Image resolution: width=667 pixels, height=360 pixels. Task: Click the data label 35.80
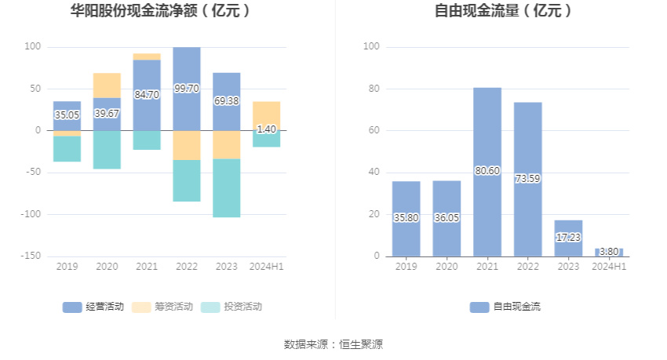(x=406, y=218)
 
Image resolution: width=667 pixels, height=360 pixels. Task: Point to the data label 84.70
(x=147, y=95)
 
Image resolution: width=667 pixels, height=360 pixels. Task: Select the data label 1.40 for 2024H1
(x=266, y=129)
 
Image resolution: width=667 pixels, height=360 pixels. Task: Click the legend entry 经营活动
(x=93, y=307)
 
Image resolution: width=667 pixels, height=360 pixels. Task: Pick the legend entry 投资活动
(x=231, y=307)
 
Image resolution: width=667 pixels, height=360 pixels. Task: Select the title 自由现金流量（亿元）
(x=504, y=11)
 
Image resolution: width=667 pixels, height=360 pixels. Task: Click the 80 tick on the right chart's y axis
(x=373, y=89)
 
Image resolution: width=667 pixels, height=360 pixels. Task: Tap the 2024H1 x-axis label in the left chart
(x=266, y=267)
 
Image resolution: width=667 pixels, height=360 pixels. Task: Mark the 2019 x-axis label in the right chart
(x=406, y=267)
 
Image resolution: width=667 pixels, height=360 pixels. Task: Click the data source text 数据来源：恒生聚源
(x=333, y=344)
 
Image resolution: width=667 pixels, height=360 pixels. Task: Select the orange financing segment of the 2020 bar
(x=107, y=85)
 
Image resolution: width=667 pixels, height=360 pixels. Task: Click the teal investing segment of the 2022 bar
(x=187, y=180)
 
